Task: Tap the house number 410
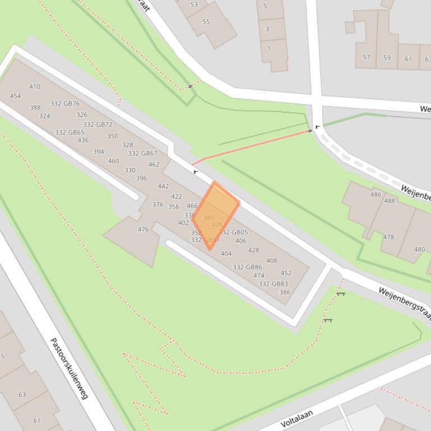[x=35, y=87]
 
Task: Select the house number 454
[x=15, y=96]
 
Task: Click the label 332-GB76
[x=65, y=104]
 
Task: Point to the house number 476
[x=143, y=229]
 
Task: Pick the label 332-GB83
[x=273, y=284]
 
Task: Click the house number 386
[x=285, y=292]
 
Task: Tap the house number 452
[x=286, y=274]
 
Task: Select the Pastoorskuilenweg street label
[x=69, y=368]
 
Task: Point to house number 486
[x=376, y=195]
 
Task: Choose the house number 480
[x=419, y=250]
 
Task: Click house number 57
[x=367, y=58]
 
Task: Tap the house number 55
[x=206, y=22]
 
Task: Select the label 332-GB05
[x=234, y=232]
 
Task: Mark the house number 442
[x=163, y=187]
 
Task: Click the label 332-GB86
[x=247, y=268]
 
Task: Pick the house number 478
[x=388, y=237]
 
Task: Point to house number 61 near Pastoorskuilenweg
[x=36, y=421]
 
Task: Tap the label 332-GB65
[x=69, y=133]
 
